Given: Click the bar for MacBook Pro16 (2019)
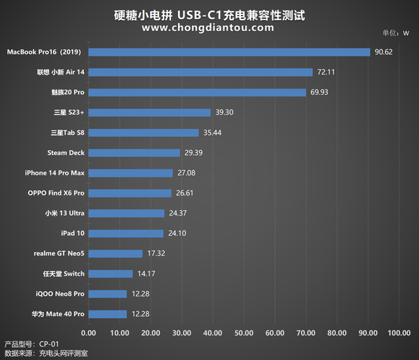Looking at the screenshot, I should (227, 52).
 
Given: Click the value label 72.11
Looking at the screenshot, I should (328, 72).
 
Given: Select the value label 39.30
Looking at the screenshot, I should (225, 112).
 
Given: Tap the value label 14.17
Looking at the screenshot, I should (147, 273).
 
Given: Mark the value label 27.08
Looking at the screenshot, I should (186, 173).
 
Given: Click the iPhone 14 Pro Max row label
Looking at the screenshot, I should (54, 173).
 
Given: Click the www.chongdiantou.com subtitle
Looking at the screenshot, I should (207, 28).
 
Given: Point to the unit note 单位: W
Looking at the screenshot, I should (395, 33).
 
